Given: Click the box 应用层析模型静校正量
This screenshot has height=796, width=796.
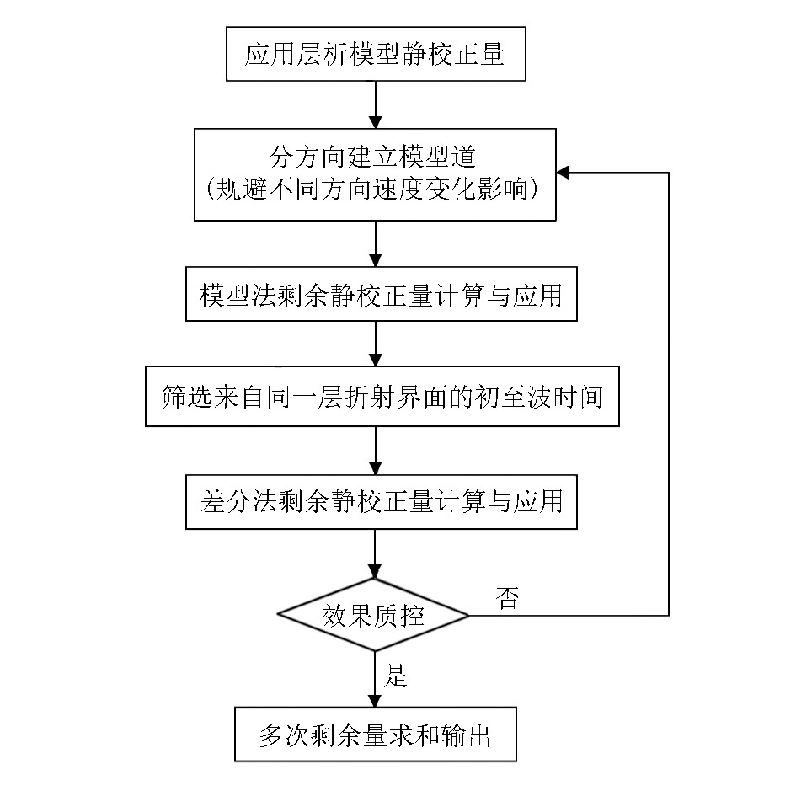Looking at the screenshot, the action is pyautogui.click(x=376, y=54).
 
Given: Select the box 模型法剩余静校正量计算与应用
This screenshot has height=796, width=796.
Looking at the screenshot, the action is pyautogui.click(x=382, y=294).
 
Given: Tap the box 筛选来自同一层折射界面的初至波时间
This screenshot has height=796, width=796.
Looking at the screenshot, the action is pyautogui.click(x=382, y=396).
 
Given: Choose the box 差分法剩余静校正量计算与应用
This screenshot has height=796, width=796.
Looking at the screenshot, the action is pyautogui.click(x=382, y=502).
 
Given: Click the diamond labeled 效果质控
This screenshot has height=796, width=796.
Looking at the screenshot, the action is pyautogui.click(x=373, y=615).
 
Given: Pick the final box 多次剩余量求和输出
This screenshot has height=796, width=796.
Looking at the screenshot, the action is pyautogui.click(x=376, y=734).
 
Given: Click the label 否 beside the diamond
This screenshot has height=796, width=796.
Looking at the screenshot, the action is pyautogui.click(x=507, y=598).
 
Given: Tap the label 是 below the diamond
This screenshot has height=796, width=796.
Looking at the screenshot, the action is pyautogui.click(x=395, y=676).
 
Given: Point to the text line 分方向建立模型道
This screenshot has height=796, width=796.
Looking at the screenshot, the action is pyautogui.click(x=372, y=157).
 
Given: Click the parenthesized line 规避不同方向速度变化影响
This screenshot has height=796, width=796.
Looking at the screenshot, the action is pyautogui.click(x=372, y=189).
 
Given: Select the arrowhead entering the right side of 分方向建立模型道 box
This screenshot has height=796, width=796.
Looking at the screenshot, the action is pyautogui.click(x=563, y=173).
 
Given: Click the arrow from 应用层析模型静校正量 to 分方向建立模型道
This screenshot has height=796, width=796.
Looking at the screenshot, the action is pyautogui.click(x=375, y=104).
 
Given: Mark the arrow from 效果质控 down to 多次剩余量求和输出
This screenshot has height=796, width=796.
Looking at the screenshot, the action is pyautogui.click(x=375, y=679).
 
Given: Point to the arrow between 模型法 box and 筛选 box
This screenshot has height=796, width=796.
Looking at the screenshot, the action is pyautogui.click(x=375, y=344).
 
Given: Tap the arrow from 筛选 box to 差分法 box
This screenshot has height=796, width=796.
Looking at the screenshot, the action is pyautogui.click(x=375, y=451).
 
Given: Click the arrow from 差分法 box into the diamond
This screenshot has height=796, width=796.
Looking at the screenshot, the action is pyautogui.click(x=375, y=554).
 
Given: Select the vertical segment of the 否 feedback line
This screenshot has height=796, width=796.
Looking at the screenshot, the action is pyautogui.click(x=669, y=394).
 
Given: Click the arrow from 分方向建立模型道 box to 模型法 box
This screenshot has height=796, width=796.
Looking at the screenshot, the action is pyautogui.click(x=375, y=244).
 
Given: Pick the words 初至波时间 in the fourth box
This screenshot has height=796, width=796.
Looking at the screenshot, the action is pyautogui.click(x=538, y=397).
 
